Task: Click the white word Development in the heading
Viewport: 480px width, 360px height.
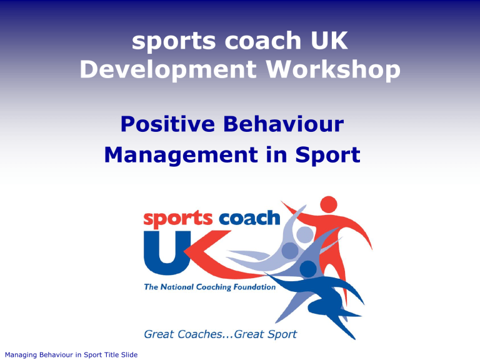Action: click(168, 70)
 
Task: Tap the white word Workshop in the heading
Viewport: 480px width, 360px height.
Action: click(333, 70)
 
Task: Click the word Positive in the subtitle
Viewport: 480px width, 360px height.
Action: click(167, 124)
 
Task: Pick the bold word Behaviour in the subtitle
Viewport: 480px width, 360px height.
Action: click(284, 124)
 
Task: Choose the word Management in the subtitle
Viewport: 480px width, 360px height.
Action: click(181, 155)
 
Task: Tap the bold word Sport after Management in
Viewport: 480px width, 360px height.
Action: click(327, 156)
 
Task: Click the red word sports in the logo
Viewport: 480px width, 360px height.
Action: click(178, 219)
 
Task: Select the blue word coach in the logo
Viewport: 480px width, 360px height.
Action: click(249, 217)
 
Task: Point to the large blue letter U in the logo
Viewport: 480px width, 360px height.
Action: click(165, 252)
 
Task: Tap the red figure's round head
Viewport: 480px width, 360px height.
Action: click(329, 204)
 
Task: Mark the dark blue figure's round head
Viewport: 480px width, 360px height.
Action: click(308, 269)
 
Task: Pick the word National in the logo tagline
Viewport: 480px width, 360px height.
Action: click(177, 287)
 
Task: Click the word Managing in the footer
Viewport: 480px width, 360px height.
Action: click(21, 355)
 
